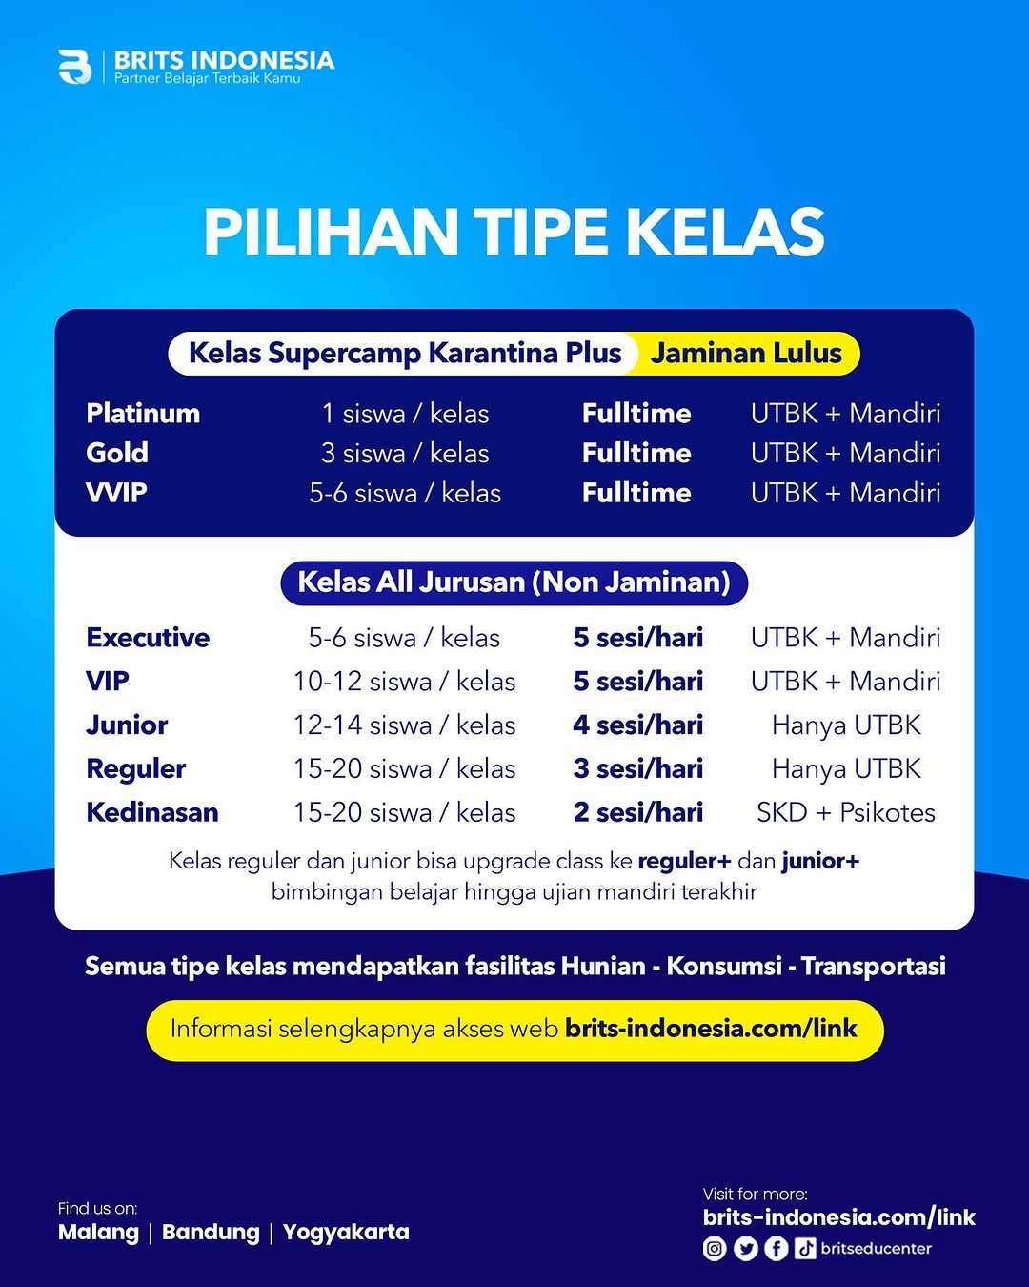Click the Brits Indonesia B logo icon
click(74, 67)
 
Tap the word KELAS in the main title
click(724, 234)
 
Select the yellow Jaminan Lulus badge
click(746, 354)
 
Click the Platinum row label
click(143, 414)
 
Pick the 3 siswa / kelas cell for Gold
click(405, 454)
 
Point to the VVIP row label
click(116, 493)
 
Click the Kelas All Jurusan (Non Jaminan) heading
click(514, 582)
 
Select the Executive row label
click(149, 638)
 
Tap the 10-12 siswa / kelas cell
click(404, 682)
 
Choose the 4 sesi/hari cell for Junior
click(638, 725)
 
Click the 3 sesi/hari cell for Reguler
click(638, 768)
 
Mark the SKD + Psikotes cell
click(845, 812)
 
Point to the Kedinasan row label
click(152, 812)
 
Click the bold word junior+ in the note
click(820, 861)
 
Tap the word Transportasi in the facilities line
click(874, 967)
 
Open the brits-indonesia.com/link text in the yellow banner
click(711, 1029)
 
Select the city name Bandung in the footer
click(211, 1232)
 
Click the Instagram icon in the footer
click(715, 1249)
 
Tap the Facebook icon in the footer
click(777, 1249)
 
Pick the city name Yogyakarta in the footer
click(346, 1233)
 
